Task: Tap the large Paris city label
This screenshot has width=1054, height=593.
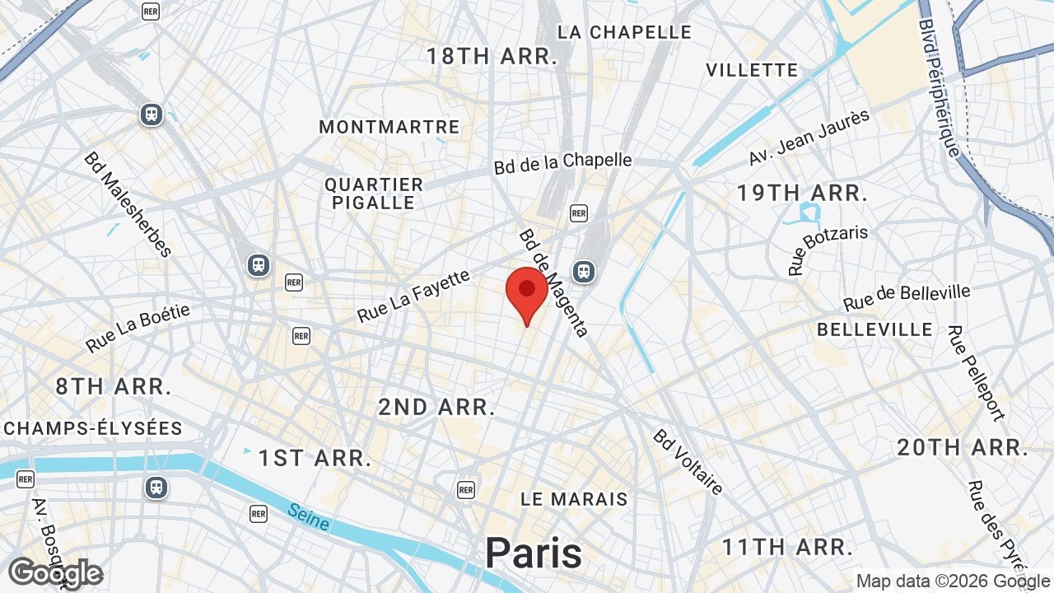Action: click(533, 553)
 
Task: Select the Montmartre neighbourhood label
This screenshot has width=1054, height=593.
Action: click(389, 127)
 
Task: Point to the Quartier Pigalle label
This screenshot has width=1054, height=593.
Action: click(374, 194)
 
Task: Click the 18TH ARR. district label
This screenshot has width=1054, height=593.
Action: click(492, 56)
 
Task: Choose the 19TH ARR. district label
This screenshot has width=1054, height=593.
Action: click(802, 194)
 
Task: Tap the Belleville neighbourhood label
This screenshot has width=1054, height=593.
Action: click(874, 329)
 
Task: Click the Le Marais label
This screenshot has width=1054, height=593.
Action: click(574, 499)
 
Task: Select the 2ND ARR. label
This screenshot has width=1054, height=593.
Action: click(436, 407)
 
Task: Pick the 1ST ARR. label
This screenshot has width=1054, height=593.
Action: click(315, 459)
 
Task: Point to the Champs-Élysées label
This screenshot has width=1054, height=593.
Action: click(93, 428)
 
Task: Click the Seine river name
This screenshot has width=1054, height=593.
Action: click(309, 517)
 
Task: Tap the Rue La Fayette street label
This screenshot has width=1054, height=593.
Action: click(413, 296)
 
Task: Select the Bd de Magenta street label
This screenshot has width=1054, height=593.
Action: click(553, 282)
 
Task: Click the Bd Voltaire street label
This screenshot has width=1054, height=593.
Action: click(688, 462)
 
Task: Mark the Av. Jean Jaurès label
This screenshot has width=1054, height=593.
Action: click(809, 137)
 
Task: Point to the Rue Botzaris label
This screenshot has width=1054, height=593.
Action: click(828, 249)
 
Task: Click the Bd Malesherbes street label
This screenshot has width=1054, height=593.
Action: click(127, 204)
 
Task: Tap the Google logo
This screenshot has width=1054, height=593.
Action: click(55, 573)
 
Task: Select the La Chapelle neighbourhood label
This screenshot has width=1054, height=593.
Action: click(624, 32)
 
